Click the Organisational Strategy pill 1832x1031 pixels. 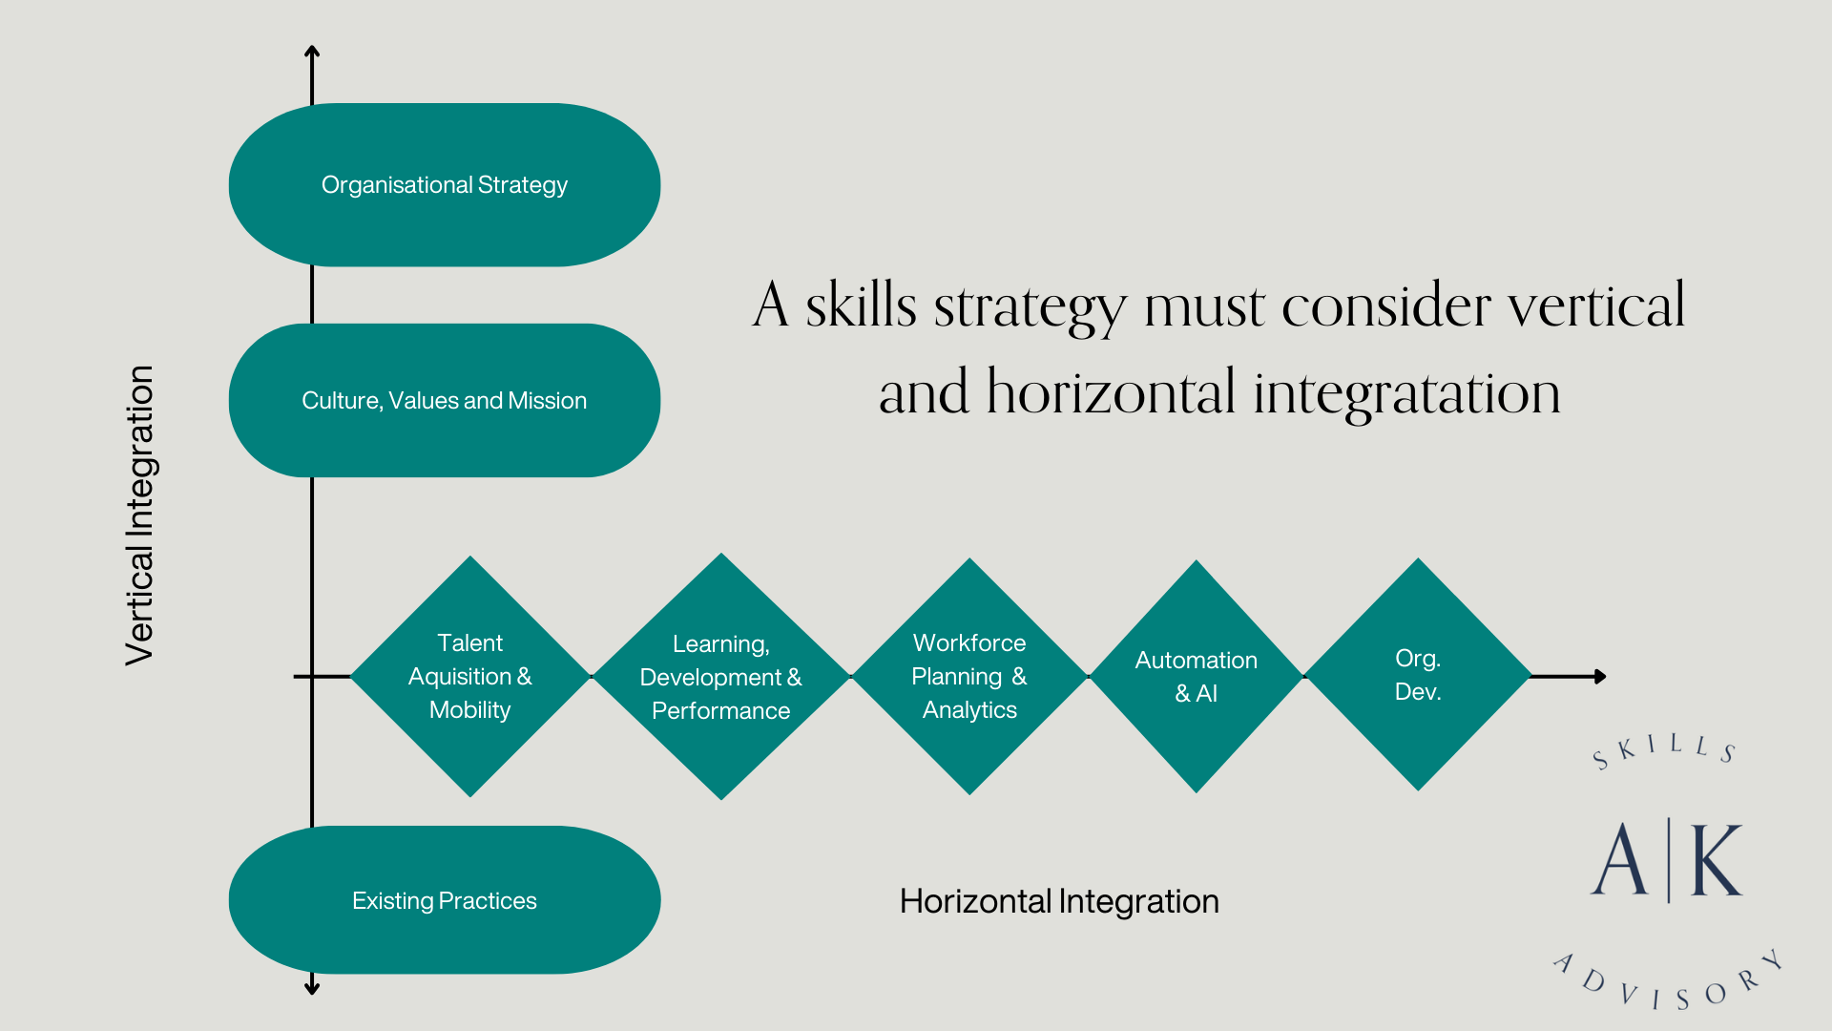pos(445,184)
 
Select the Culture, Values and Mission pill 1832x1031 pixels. pos(445,400)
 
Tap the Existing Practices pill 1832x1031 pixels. pos(445,900)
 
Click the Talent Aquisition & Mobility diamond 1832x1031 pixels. pos(469,676)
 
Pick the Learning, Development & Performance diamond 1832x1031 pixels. pos(720,677)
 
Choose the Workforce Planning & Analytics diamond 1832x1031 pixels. pos(969,676)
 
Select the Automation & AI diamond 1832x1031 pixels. pos(1196,676)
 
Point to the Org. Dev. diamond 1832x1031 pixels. pos(1418,675)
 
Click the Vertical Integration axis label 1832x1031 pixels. pos(140,515)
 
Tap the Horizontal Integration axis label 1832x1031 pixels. pos(1059,901)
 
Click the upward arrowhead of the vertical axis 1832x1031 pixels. pos(312,52)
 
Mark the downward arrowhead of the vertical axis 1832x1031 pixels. pos(312,988)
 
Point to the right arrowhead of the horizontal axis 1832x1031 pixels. pos(1600,676)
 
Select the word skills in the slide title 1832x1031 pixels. pos(861,306)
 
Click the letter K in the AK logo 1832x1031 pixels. pos(1717,861)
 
